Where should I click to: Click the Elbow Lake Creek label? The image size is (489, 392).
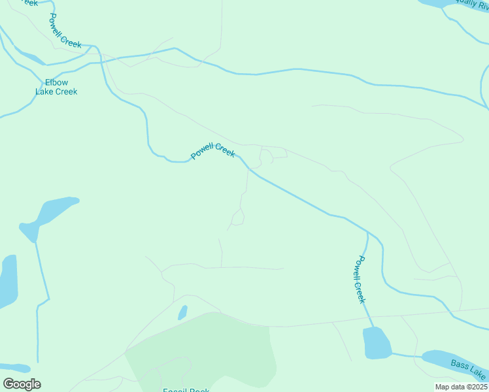[x=56, y=87]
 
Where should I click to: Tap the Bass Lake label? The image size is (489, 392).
[x=469, y=369]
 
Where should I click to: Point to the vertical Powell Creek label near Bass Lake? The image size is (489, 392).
[x=359, y=279]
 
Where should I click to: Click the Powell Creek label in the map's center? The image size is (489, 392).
[x=212, y=152]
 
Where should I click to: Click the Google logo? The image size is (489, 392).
[x=22, y=384]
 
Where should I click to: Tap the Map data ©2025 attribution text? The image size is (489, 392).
[x=461, y=387]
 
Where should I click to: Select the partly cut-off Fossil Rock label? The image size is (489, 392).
[x=186, y=390]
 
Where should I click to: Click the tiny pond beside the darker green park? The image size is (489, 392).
[x=182, y=313]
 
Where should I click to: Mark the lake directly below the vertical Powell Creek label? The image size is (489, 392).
[x=377, y=344]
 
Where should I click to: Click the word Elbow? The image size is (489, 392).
[x=56, y=82]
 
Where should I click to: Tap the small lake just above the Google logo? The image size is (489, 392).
[x=14, y=368]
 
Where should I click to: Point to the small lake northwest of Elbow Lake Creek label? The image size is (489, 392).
[x=27, y=58]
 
